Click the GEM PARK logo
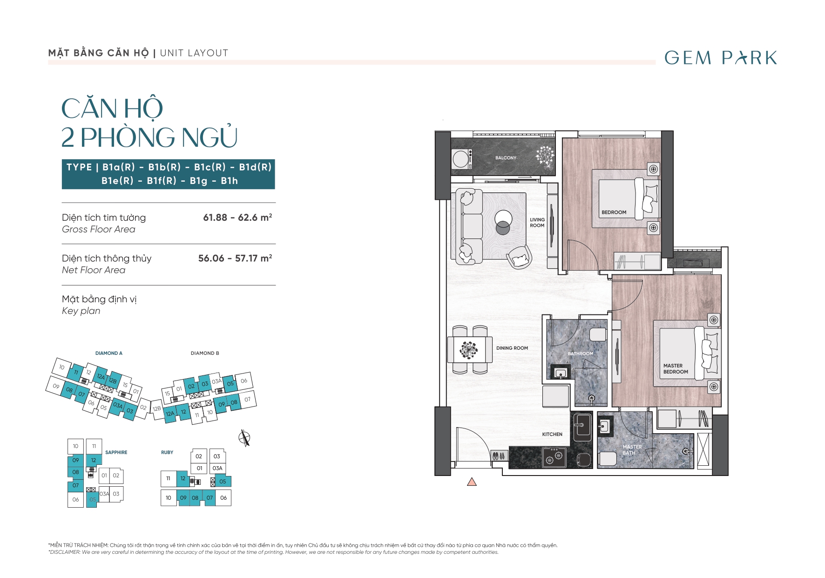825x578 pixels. pyautogui.click(x=721, y=58)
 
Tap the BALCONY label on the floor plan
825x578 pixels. pyautogui.click(x=506, y=158)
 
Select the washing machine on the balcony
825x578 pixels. pyautogui.click(x=462, y=159)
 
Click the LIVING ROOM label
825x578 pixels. pyautogui.click(x=537, y=223)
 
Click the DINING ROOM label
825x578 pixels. pyautogui.click(x=512, y=348)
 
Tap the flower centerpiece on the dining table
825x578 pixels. pyautogui.click(x=468, y=349)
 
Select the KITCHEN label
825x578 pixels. pyautogui.click(x=552, y=434)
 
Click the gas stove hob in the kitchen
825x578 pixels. pyautogui.click(x=555, y=457)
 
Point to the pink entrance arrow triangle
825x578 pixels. pyautogui.click(x=472, y=482)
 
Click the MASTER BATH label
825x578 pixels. pyautogui.click(x=632, y=450)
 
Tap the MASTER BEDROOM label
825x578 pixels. pyautogui.click(x=676, y=369)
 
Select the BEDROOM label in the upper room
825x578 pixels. pyautogui.click(x=614, y=212)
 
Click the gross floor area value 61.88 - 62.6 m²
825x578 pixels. pyautogui.click(x=237, y=218)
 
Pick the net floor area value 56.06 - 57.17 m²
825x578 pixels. pyautogui.click(x=235, y=258)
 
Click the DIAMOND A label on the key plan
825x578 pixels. pyautogui.click(x=109, y=353)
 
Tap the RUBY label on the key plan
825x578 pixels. pyautogui.click(x=167, y=452)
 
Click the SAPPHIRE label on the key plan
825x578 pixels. pyautogui.click(x=116, y=452)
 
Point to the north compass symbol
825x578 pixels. pyautogui.click(x=244, y=438)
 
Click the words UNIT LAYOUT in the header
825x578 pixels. pyautogui.click(x=194, y=53)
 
